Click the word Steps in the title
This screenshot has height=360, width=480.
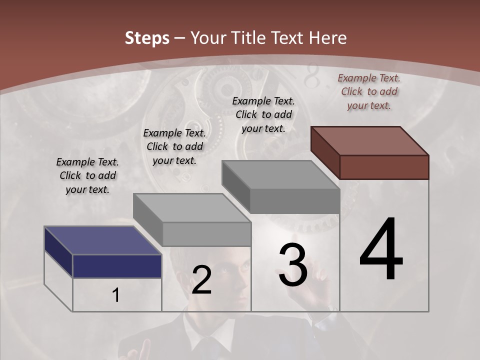click(x=147, y=38)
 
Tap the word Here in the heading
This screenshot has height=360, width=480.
click(x=328, y=38)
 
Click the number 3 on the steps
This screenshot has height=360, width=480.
click(x=292, y=264)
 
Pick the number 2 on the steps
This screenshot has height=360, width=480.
click(x=201, y=280)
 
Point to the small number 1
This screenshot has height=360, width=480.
click(x=116, y=295)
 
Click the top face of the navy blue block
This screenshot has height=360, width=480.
click(x=102, y=240)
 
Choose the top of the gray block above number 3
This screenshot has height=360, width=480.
click(x=280, y=174)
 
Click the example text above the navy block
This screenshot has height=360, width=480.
click(x=87, y=175)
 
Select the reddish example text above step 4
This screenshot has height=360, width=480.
click(x=369, y=91)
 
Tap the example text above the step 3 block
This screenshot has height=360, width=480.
click(x=263, y=114)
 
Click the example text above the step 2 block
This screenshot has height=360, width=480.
click(x=174, y=146)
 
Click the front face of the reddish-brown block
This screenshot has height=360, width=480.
click(x=384, y=167)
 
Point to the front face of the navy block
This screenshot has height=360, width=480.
click(x=117, y=266)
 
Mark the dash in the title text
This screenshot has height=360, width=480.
click(x=180, y=38)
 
